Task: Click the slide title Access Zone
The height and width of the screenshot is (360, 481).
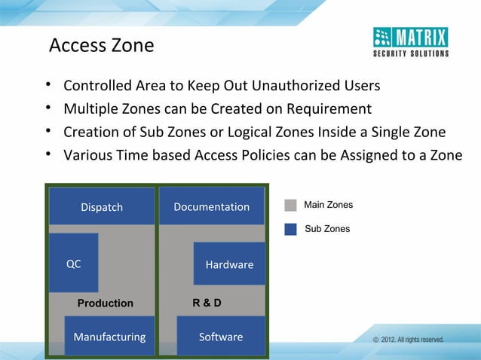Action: (x=101, y=46)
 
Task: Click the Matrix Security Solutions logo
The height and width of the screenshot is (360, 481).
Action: (x=411, y=41)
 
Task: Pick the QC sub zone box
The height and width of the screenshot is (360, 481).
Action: (x=73, y=263)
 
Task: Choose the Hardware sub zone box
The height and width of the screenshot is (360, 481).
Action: (x=229, y=264)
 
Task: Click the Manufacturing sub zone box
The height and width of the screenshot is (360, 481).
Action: (x=109, y=336)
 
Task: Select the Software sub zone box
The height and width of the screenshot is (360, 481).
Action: (x=220, y=336)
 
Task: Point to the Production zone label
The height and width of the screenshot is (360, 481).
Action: (x=106, y=304)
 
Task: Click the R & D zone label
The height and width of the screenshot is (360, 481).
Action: (x=207, y=304)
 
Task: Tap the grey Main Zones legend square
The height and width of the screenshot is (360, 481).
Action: (x=290, y=205)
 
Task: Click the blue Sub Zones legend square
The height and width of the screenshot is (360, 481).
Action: (x=290, y=228)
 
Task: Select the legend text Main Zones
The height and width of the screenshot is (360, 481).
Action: (x=328, y=205)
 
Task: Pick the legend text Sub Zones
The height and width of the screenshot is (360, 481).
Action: (x=327, y=228)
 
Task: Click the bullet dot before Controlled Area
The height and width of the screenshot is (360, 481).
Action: (x=47, y=83)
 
